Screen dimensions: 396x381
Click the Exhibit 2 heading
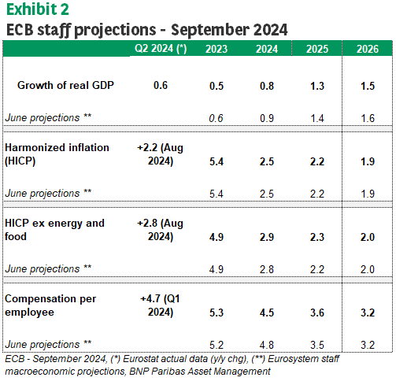click(38, 9)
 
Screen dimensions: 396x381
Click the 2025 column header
click(317, 49)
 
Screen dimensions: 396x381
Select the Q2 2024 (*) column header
click(161, 49)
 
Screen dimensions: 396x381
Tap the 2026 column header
click(368, 49)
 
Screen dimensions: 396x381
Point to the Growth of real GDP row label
click(65, 85)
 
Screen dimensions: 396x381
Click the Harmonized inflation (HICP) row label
click(57, 154)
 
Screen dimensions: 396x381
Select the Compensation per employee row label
click(50, 305)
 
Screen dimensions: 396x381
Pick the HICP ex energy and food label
click(54, 230)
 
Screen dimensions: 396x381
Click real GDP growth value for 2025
click(317, 86)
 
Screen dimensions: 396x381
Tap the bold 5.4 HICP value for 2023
click(217, 161)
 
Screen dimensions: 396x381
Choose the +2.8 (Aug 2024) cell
click(160, 230)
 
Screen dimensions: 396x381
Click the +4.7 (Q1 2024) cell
click(160, 305)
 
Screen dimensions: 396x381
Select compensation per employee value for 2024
click(267, 313)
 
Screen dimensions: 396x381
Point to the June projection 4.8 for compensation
click(267, 345)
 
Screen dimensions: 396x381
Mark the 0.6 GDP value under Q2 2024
click(161, 85)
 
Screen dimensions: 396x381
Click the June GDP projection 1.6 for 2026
click(368, 118)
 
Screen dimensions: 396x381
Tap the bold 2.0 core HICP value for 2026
click(368, 237)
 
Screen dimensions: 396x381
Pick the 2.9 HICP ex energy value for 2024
click(267, 237)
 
